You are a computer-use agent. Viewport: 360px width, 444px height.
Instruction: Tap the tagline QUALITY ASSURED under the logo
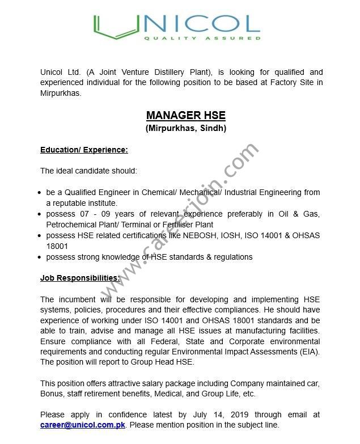point(202,39)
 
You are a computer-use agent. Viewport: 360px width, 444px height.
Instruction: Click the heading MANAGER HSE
point(186,116)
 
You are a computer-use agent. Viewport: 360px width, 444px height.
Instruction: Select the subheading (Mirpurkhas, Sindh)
point(186,129)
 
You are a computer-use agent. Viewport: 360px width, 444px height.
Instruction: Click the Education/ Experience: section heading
point(84,150)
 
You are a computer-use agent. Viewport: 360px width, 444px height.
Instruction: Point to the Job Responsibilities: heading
point(80,278)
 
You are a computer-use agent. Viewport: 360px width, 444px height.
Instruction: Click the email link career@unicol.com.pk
point(82,424)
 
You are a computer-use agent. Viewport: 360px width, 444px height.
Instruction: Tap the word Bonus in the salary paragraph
point(51,394)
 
